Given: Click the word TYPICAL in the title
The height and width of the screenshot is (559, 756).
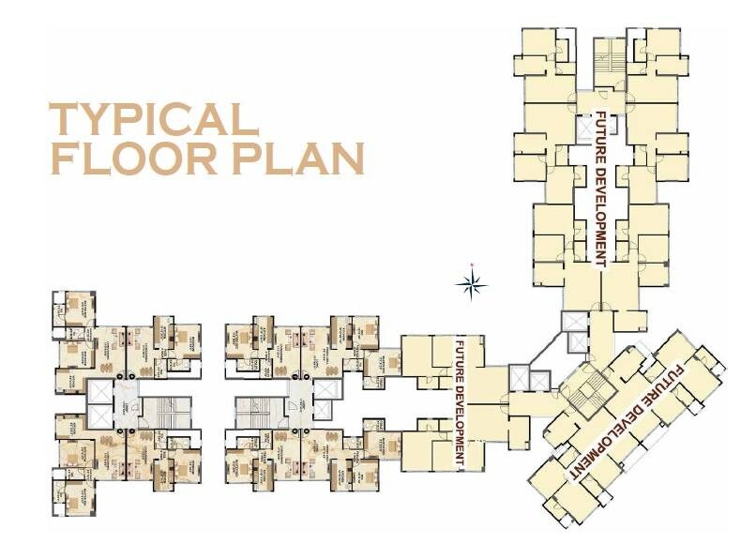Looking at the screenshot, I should [x=153, y=119].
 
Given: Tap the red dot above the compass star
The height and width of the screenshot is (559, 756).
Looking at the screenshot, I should [x=472, y=264].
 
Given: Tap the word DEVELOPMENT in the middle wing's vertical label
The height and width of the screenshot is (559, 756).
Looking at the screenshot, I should [x=460, y=421].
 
